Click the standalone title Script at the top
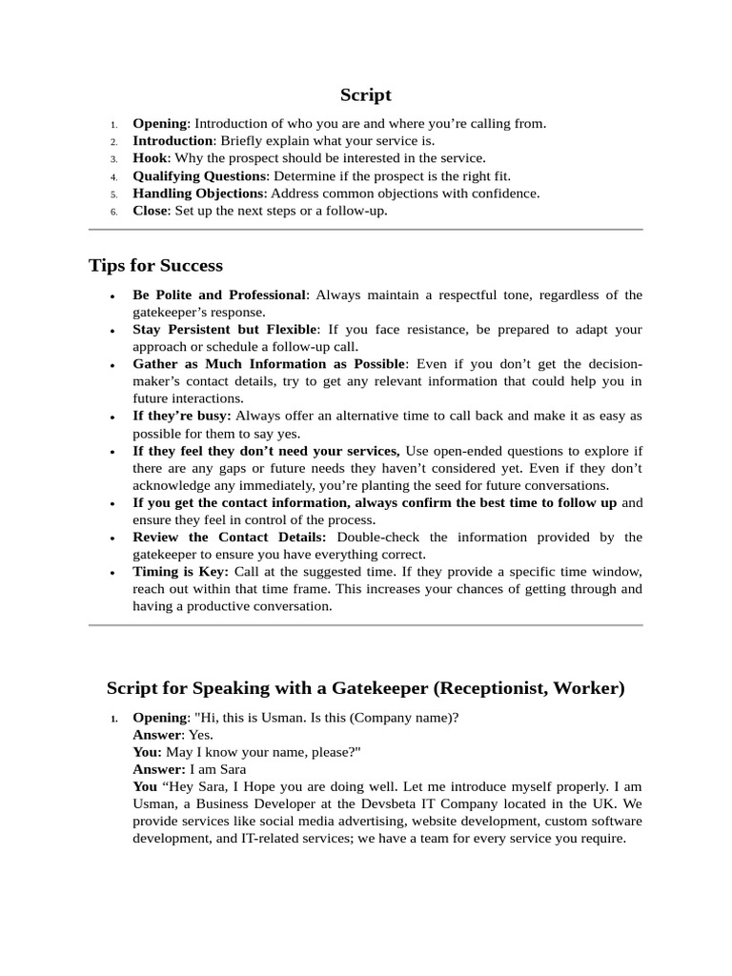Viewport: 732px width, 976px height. pos(366,94)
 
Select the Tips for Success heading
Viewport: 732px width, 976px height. pos(155,265)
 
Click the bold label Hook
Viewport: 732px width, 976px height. pos(149,158)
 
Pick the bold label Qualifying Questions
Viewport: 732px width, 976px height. pos(200,175)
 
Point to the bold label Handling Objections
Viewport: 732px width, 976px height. pos(198,193)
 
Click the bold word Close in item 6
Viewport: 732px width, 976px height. pos(151,210)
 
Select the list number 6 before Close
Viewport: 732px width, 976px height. pos(112,211)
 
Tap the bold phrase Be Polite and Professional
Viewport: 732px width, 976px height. pos(219,295)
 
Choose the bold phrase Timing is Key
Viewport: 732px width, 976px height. pos(180,572)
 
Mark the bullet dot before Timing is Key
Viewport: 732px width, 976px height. pos(114,573)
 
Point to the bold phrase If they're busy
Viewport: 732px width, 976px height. pos(181,416)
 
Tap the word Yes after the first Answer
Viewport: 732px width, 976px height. pos(200,735)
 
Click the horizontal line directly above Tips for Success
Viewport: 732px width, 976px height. pos(366,230)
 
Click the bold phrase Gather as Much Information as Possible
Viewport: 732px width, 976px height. pos(270,364)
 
